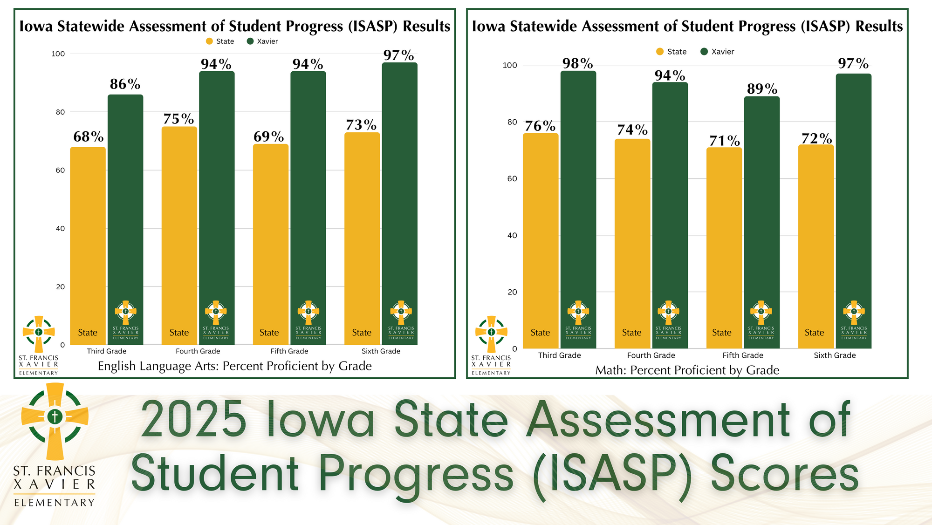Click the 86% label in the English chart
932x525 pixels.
(125, 84)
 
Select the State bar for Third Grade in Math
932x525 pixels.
(540, 233)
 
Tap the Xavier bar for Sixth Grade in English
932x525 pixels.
(399, 186)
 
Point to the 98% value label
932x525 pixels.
(577, 63)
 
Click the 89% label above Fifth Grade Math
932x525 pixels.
(762, 89)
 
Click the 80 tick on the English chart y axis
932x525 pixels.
(60, 112)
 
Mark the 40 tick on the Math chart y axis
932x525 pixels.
(512, 235)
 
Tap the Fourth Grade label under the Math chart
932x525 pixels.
(651, 355)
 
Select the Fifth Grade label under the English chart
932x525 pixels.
(289, 351)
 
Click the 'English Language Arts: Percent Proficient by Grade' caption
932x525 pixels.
(234, 366)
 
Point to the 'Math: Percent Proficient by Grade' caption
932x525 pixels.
(687, 370)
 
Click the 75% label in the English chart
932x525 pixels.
(178, 119)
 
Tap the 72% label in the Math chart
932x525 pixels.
(816, 139)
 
